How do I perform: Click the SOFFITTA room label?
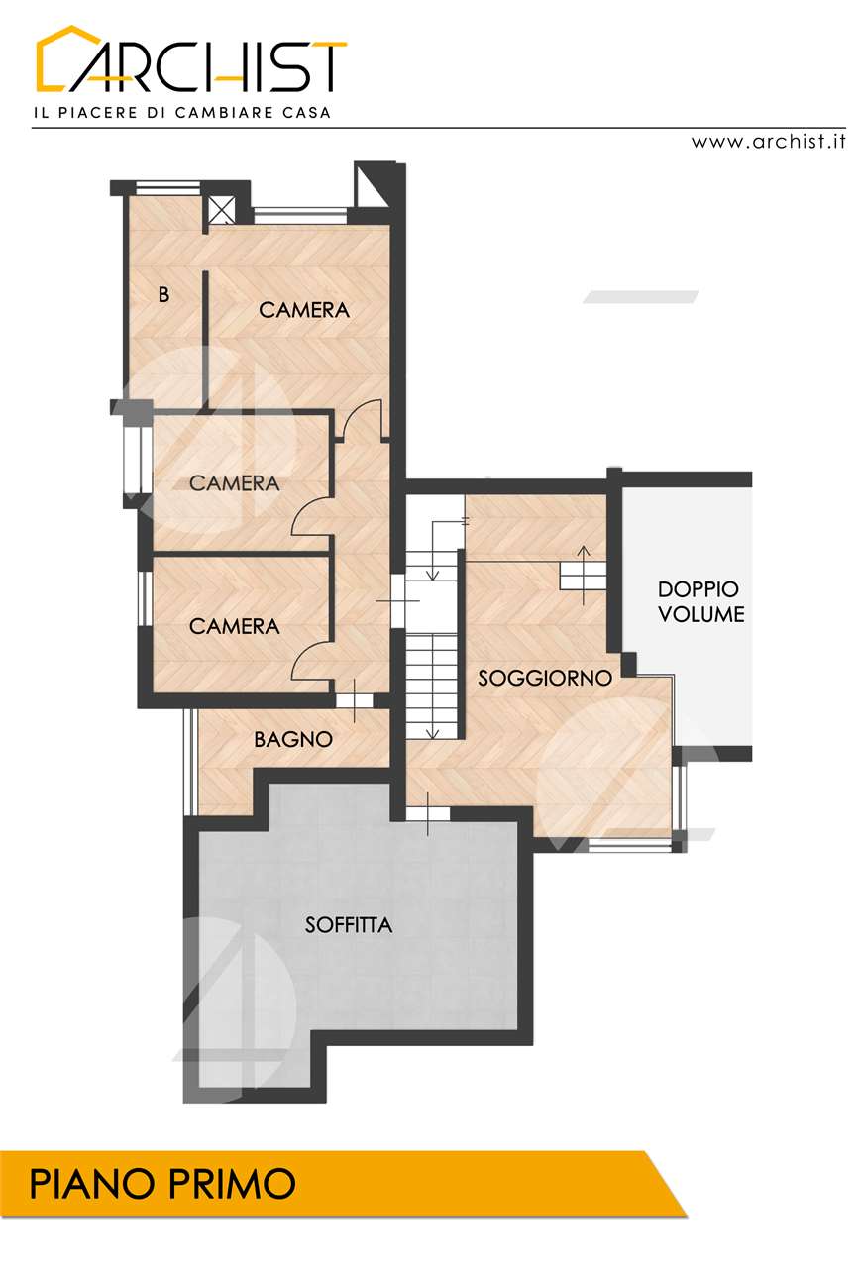tap(348, 925)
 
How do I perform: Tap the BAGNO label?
tap(292, 739)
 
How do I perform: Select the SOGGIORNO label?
tap(545, 678)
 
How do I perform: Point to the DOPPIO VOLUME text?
tap(700, 601)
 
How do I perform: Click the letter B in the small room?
tap(163, 294)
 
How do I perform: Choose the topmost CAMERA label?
tap(304, 310)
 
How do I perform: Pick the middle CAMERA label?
tap(235, 483)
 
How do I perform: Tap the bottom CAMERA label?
tap(235, 626)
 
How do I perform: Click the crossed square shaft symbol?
tap(219, 210)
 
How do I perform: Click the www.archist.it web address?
tap(768, 141)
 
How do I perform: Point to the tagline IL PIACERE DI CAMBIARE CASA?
tap(182, 112)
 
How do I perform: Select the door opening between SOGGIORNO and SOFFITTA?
tap(428, 813)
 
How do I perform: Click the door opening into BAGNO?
tap(355, 700)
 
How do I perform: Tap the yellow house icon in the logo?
tap(68, 57)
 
